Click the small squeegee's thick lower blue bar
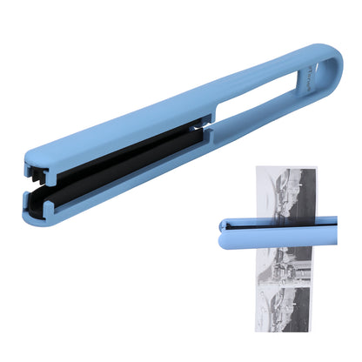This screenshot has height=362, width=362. (x=278, y=232)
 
